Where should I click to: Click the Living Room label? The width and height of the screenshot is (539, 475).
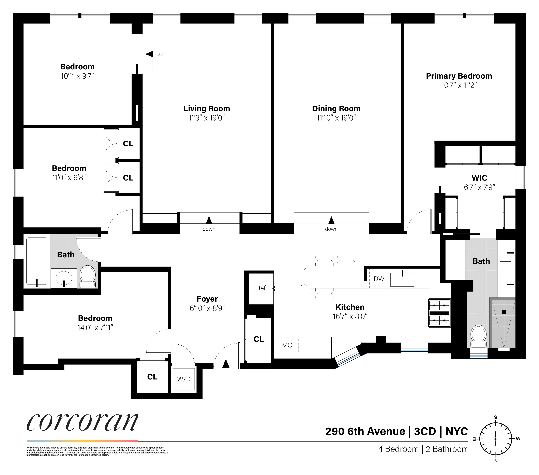[x=207, y=109]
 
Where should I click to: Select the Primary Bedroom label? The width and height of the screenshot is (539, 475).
[x=459, y=76]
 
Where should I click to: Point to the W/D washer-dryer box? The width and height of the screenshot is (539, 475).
[x=184, y=379]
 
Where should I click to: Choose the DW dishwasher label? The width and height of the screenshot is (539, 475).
[x=379, y=279]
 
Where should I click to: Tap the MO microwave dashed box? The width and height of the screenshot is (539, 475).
[x=287, y=345]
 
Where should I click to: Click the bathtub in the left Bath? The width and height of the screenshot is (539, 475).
[x=37, y=261]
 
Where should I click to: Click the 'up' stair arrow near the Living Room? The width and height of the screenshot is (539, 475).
[x=149, y=54]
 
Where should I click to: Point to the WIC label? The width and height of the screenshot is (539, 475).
[x=479, y=178]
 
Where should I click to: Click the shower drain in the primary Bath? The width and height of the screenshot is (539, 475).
[x=504, y=312]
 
